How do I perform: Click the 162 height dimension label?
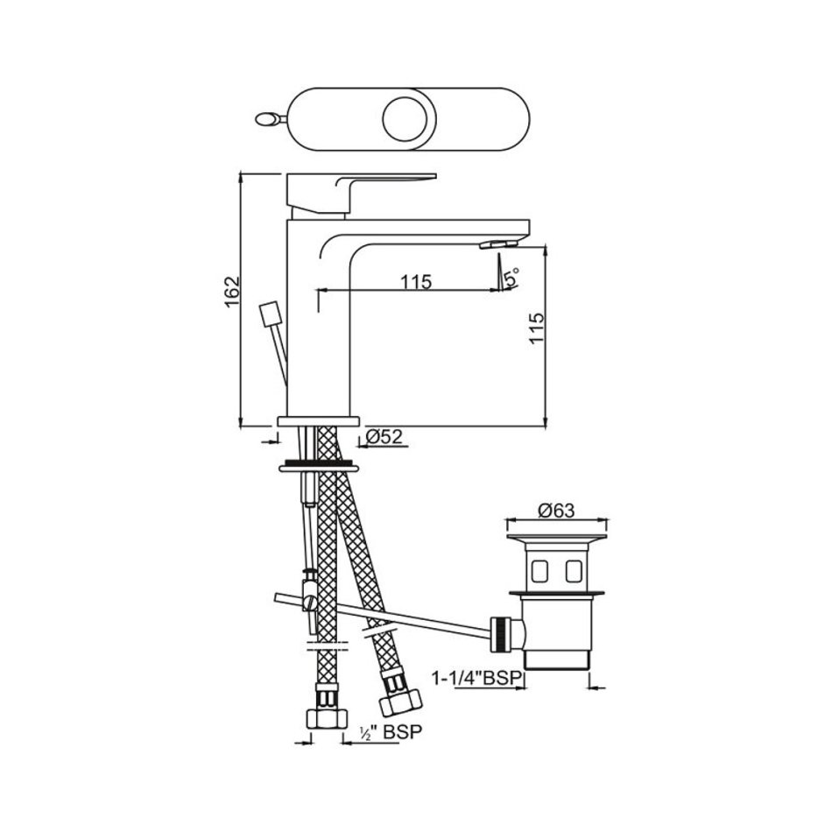click(232, 293)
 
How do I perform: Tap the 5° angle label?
click(511, 278)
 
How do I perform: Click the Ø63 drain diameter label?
click(556, 511)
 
